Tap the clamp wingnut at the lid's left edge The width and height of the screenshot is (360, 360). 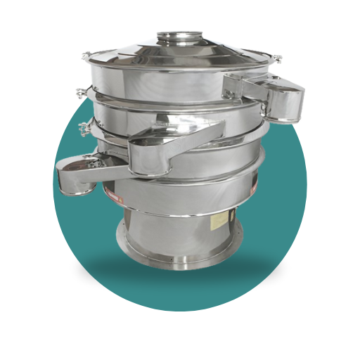coord(84,57)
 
